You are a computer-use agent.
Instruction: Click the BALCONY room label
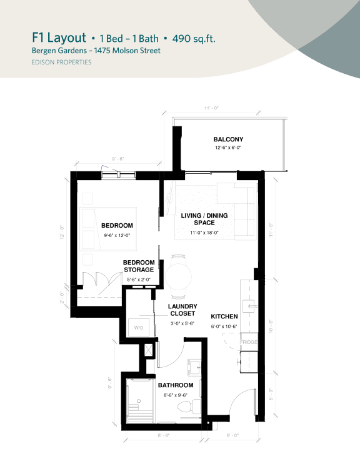(227, 139)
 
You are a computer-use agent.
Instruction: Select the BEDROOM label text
(117, 225)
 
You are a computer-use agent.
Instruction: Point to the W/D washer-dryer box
(138, 327)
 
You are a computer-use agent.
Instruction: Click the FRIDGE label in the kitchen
(249, 343)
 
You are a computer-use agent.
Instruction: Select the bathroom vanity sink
(194, 366)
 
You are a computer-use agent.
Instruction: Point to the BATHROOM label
(174, 385)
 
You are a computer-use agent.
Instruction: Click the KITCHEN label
(224, 317)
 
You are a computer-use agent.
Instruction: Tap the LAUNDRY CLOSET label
(182, 310)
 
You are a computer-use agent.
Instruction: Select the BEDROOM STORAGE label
(138, 266)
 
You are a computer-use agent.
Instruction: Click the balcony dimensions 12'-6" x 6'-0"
(227, 148)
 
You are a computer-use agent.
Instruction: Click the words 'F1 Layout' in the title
(59, 38)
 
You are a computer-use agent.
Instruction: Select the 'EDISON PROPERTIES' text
(61, 62)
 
